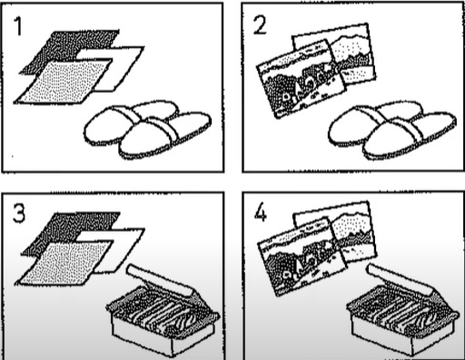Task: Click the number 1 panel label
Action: pyautogui.click(x=19, y=26)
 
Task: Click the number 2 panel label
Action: pyautogui.click(x=260, y=25)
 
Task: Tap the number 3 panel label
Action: pyautogui.click(x=19, y=214)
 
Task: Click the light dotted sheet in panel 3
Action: pyautogui.click(x=64, y=263)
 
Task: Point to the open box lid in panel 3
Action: pyautogui.click(x=161, y=280)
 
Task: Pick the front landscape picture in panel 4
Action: pyautogui.click(x=302, y=257)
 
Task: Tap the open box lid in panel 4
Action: pyautogui.click(x=401, y=279)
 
